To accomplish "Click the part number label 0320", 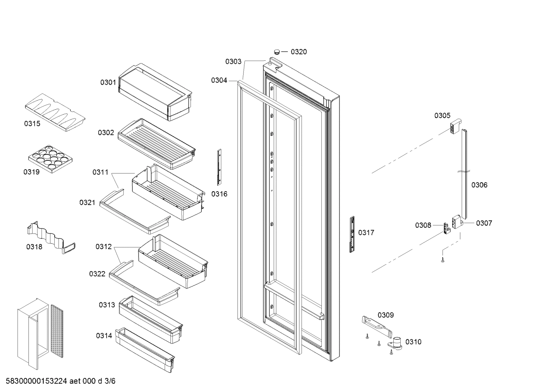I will [299, 52].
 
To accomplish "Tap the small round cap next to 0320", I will [277, 51].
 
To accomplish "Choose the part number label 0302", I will [105, 133].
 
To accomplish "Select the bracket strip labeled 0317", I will [352, 234].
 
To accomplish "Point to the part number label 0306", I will [479, 185].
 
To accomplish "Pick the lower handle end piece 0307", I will [457, 222].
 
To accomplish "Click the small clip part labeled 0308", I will [446, 228].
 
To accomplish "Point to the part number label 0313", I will [107, 305].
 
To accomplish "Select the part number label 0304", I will [219, 80].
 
